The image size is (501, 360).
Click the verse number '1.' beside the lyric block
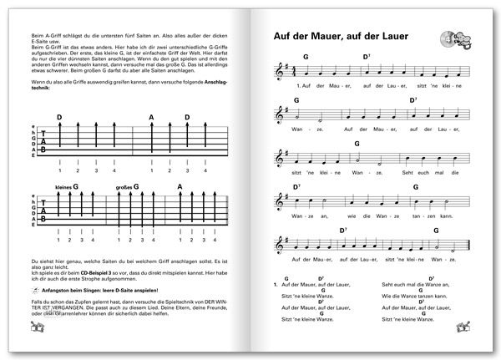[x=276, y=286]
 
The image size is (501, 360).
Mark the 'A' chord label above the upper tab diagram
[x=151, y=118]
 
